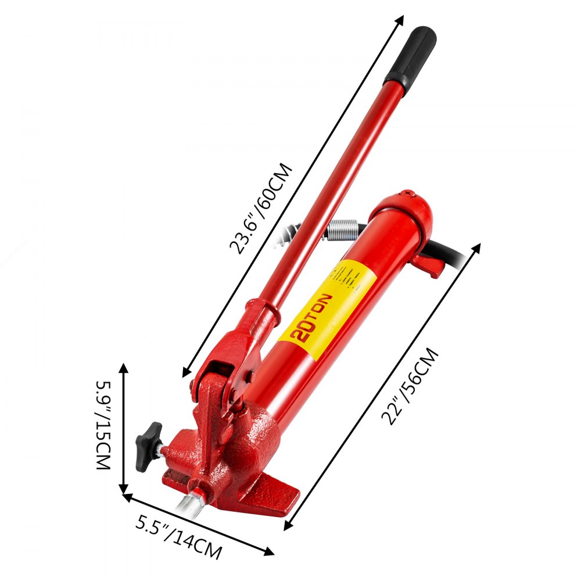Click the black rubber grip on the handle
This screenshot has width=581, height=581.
pyautogui.click(x=410, y=56)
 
